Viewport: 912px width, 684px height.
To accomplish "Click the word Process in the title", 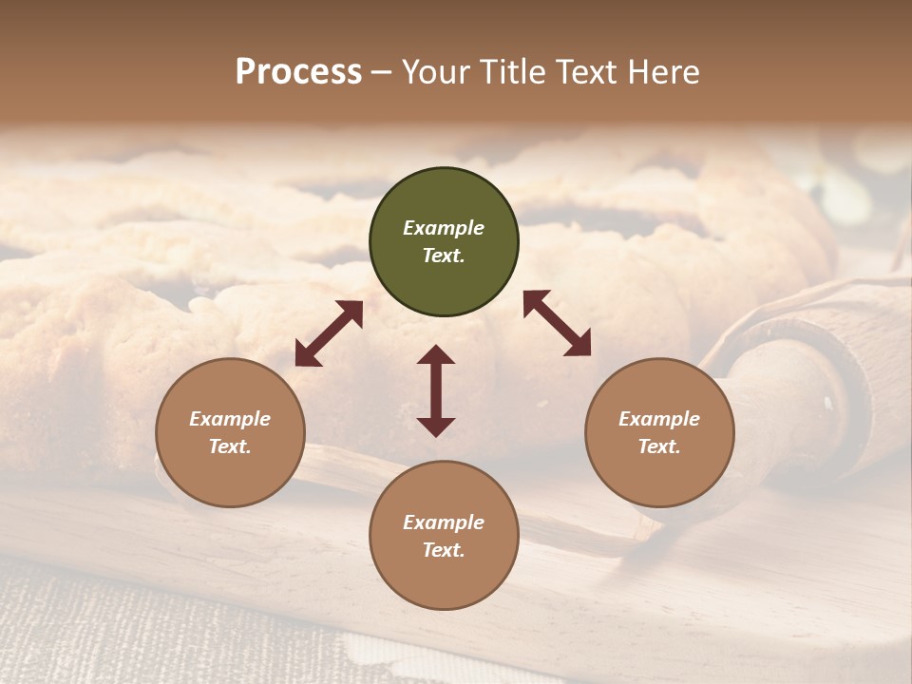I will coord(298,72).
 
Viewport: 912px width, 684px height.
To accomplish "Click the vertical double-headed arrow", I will coord(436,390).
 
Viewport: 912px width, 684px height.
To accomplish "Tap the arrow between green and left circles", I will coord(329,333).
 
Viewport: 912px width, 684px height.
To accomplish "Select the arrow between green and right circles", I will coord(557,323).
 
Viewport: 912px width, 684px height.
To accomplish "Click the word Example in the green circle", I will coord(444,228).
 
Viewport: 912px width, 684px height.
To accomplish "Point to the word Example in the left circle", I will coord(230,419).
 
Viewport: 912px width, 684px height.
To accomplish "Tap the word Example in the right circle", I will coord(659,419).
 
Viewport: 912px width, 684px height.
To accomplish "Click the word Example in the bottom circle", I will coord(444,522).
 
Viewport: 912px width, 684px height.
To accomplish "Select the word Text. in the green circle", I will coord(444,256).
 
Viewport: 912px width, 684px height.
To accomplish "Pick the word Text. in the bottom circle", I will coord(444,550).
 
